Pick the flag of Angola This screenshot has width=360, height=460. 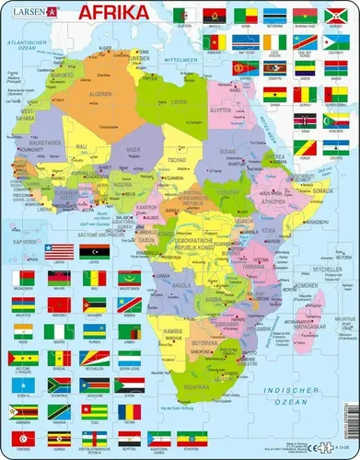point(215,17)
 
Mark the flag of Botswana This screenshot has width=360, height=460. point(274,17)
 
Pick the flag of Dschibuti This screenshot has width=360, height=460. point(336,41)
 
